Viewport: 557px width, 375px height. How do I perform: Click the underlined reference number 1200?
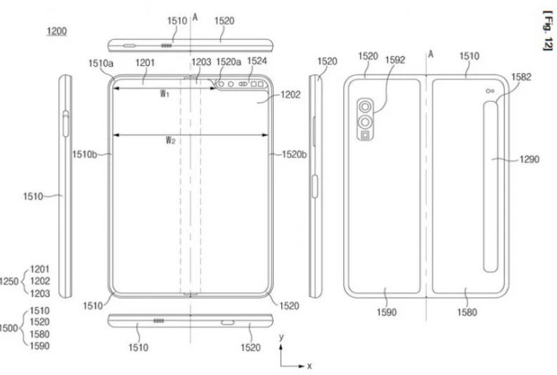tap(57, 31)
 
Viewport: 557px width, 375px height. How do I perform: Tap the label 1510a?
tap(101, 63)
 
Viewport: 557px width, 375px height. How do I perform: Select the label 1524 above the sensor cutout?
tap(257, 61)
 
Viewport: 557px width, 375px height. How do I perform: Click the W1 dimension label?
tap(165, 94)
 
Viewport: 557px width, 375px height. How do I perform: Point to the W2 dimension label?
tap(170, 140)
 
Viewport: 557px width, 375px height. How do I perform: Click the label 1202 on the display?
tap(290, 95)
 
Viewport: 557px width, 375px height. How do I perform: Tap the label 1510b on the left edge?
tap(84, 154)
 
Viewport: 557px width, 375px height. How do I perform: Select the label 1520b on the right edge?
tap(295, 154)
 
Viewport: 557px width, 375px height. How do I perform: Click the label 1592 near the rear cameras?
tap(395, 60)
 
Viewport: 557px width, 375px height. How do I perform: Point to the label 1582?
tap(521, 77)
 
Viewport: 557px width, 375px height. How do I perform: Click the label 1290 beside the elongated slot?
tap(530, 159)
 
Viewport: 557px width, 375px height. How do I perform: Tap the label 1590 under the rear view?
tap(387, 312)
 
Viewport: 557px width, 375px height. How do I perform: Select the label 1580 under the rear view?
tap(467, 312)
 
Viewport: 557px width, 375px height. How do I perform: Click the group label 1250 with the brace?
tap(9, 282)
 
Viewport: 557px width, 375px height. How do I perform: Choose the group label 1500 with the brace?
tap(9, 328)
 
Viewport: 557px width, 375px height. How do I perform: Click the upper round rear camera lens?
tap(365, 107)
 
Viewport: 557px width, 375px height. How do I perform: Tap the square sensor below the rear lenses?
tap(365, 135)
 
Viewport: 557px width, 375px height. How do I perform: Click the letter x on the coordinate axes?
tap(309, 366)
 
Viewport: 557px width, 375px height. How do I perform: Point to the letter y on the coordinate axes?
tap(281, 337)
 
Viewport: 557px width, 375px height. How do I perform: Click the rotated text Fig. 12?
tap(549, 31)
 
